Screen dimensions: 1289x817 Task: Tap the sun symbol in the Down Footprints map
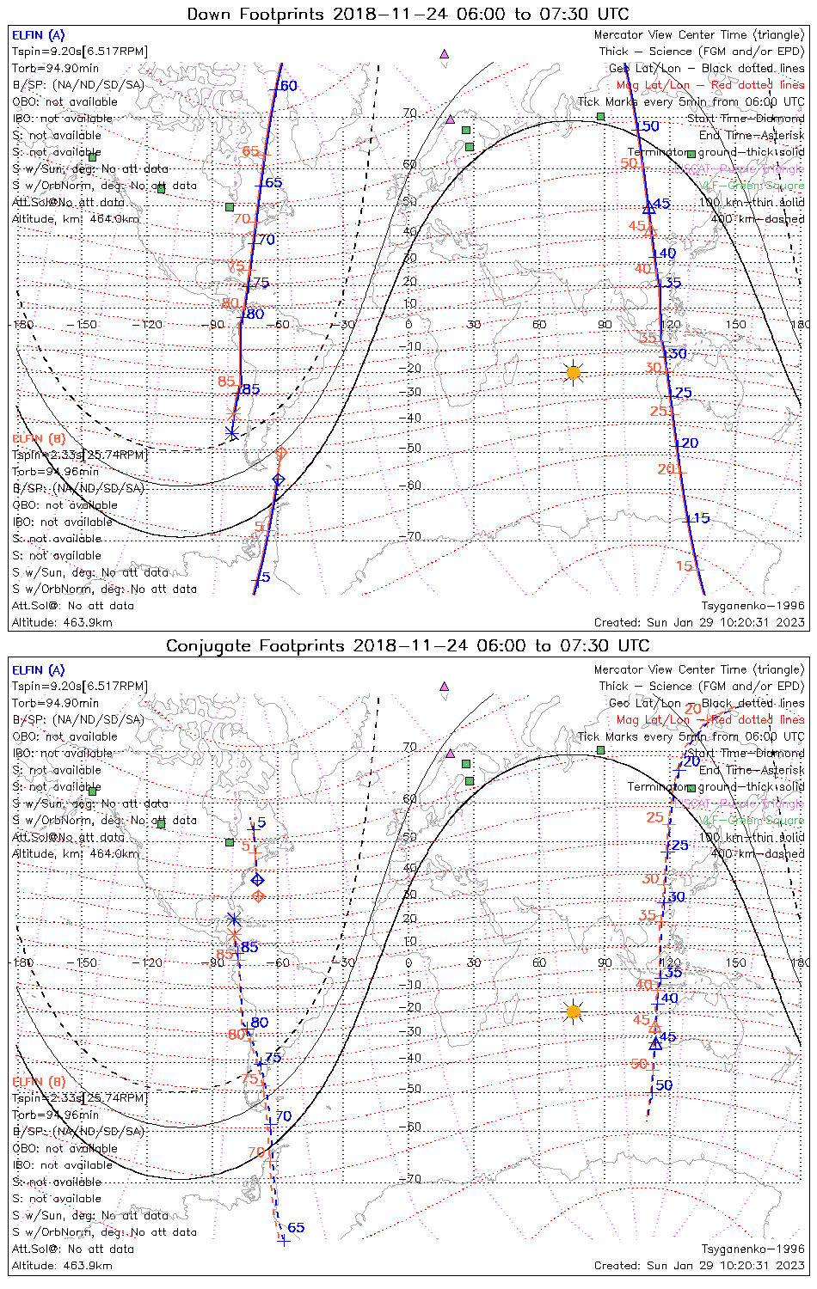574,372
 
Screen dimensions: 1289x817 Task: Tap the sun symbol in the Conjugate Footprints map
574,1011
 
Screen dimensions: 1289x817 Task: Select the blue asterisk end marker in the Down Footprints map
231,432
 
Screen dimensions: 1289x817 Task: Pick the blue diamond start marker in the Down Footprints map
278,480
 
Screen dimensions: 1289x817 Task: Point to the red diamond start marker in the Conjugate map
258,896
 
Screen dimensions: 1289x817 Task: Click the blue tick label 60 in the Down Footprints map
288,86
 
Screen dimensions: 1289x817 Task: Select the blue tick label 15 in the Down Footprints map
701,518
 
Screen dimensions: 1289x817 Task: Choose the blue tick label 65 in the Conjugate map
296,1228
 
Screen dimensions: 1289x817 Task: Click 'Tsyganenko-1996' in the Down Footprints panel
752,606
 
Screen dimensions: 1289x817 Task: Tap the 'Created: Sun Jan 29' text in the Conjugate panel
699,1266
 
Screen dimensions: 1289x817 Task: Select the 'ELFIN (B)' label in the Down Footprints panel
38,439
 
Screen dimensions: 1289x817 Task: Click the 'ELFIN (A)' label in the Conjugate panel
38,670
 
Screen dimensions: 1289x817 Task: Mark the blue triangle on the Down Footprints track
649,208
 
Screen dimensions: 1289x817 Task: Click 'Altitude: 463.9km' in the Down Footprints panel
62,623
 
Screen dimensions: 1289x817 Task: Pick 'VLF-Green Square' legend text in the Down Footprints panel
752,186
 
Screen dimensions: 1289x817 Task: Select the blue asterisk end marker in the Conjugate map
233,919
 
